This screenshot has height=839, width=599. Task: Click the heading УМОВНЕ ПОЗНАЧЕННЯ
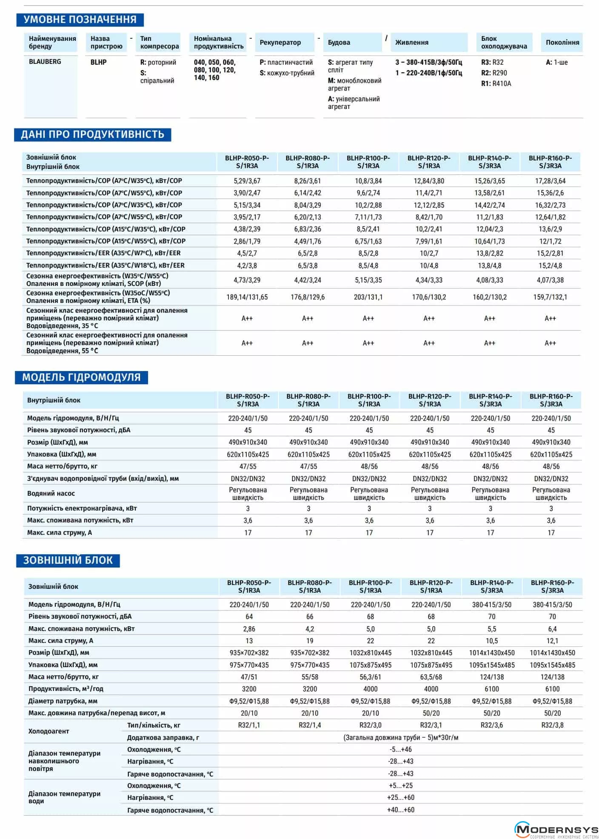point(80,20)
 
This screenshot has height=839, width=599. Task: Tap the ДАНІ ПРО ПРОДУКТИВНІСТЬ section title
point(92,134)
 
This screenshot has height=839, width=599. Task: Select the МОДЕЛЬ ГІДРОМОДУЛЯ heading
point(81,377)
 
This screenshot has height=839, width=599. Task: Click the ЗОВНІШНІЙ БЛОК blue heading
point(68,560)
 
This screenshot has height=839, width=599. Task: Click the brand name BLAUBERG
point(45,62)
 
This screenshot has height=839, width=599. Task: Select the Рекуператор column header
point(280,43)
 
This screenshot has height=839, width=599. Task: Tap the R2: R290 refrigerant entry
point(494,73)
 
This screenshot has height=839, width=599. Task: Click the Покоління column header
point(562,43)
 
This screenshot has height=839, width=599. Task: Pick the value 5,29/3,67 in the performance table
point(247,181)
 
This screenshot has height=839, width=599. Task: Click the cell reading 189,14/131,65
point(247,297)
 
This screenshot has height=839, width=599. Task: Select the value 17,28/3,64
point(550,181)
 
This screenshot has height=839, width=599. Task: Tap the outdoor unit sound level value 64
point(249,616)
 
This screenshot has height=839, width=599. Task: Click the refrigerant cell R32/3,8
point(552,725)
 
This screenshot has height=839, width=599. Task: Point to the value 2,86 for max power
point(249,629)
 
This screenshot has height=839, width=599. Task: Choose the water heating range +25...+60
point(400,797)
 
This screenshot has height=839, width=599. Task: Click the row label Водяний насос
point(51,494)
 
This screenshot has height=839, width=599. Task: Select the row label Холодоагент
point(48,731)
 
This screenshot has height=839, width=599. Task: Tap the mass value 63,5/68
point(431,677)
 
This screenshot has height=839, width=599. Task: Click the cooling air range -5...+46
point(400,749)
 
